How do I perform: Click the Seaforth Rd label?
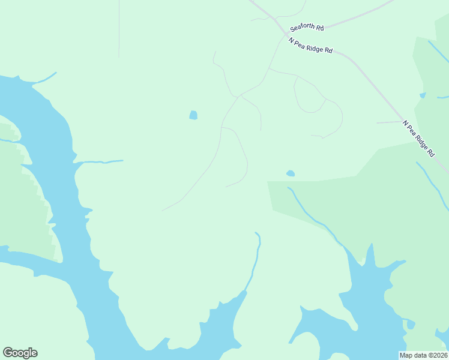(307, 28)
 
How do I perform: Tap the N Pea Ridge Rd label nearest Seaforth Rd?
(310, 46)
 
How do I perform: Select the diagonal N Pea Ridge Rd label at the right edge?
(418, 138)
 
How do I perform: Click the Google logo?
(20, 353)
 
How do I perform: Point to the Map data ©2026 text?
(424, 355)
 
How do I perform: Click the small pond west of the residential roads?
(193, 115)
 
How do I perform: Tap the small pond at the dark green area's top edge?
(291, 173)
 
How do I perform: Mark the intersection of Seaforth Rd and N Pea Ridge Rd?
(284, 34)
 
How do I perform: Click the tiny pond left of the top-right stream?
(423, 95)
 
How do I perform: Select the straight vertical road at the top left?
(119, 30)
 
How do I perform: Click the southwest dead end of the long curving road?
(163, 210)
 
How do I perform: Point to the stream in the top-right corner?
(438, 52)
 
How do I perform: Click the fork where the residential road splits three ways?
(240, 95)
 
